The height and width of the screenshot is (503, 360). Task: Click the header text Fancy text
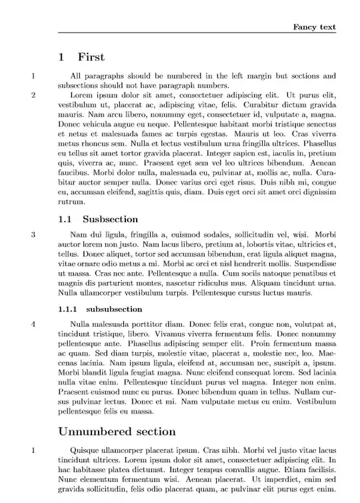pyautogui.click(x=315, y=27)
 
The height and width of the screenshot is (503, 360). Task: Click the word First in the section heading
pyautogui.click(x=91, y=57)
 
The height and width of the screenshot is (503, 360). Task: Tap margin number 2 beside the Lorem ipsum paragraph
pyautogui.click(x=33, y=95)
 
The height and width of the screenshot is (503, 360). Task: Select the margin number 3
pyautogui.click(x=33, y=234)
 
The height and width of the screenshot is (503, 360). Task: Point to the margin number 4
pyautogui.click(x=33, y=324)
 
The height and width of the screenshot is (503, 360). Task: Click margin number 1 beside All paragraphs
pyautogui.click(x=33, y=76)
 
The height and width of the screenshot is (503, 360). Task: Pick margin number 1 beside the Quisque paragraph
pyautogui.click(x=33, y=450)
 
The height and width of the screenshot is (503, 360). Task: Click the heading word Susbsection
pyautogui.click(x=110, y=219)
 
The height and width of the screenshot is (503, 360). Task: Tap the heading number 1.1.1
pyautogui.click(x=69, y=309)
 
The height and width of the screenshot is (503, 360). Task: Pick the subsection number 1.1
pyautogui.click(x=65, y=219)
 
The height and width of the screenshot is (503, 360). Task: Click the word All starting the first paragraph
pyautogui.click(x=75, y=76)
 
